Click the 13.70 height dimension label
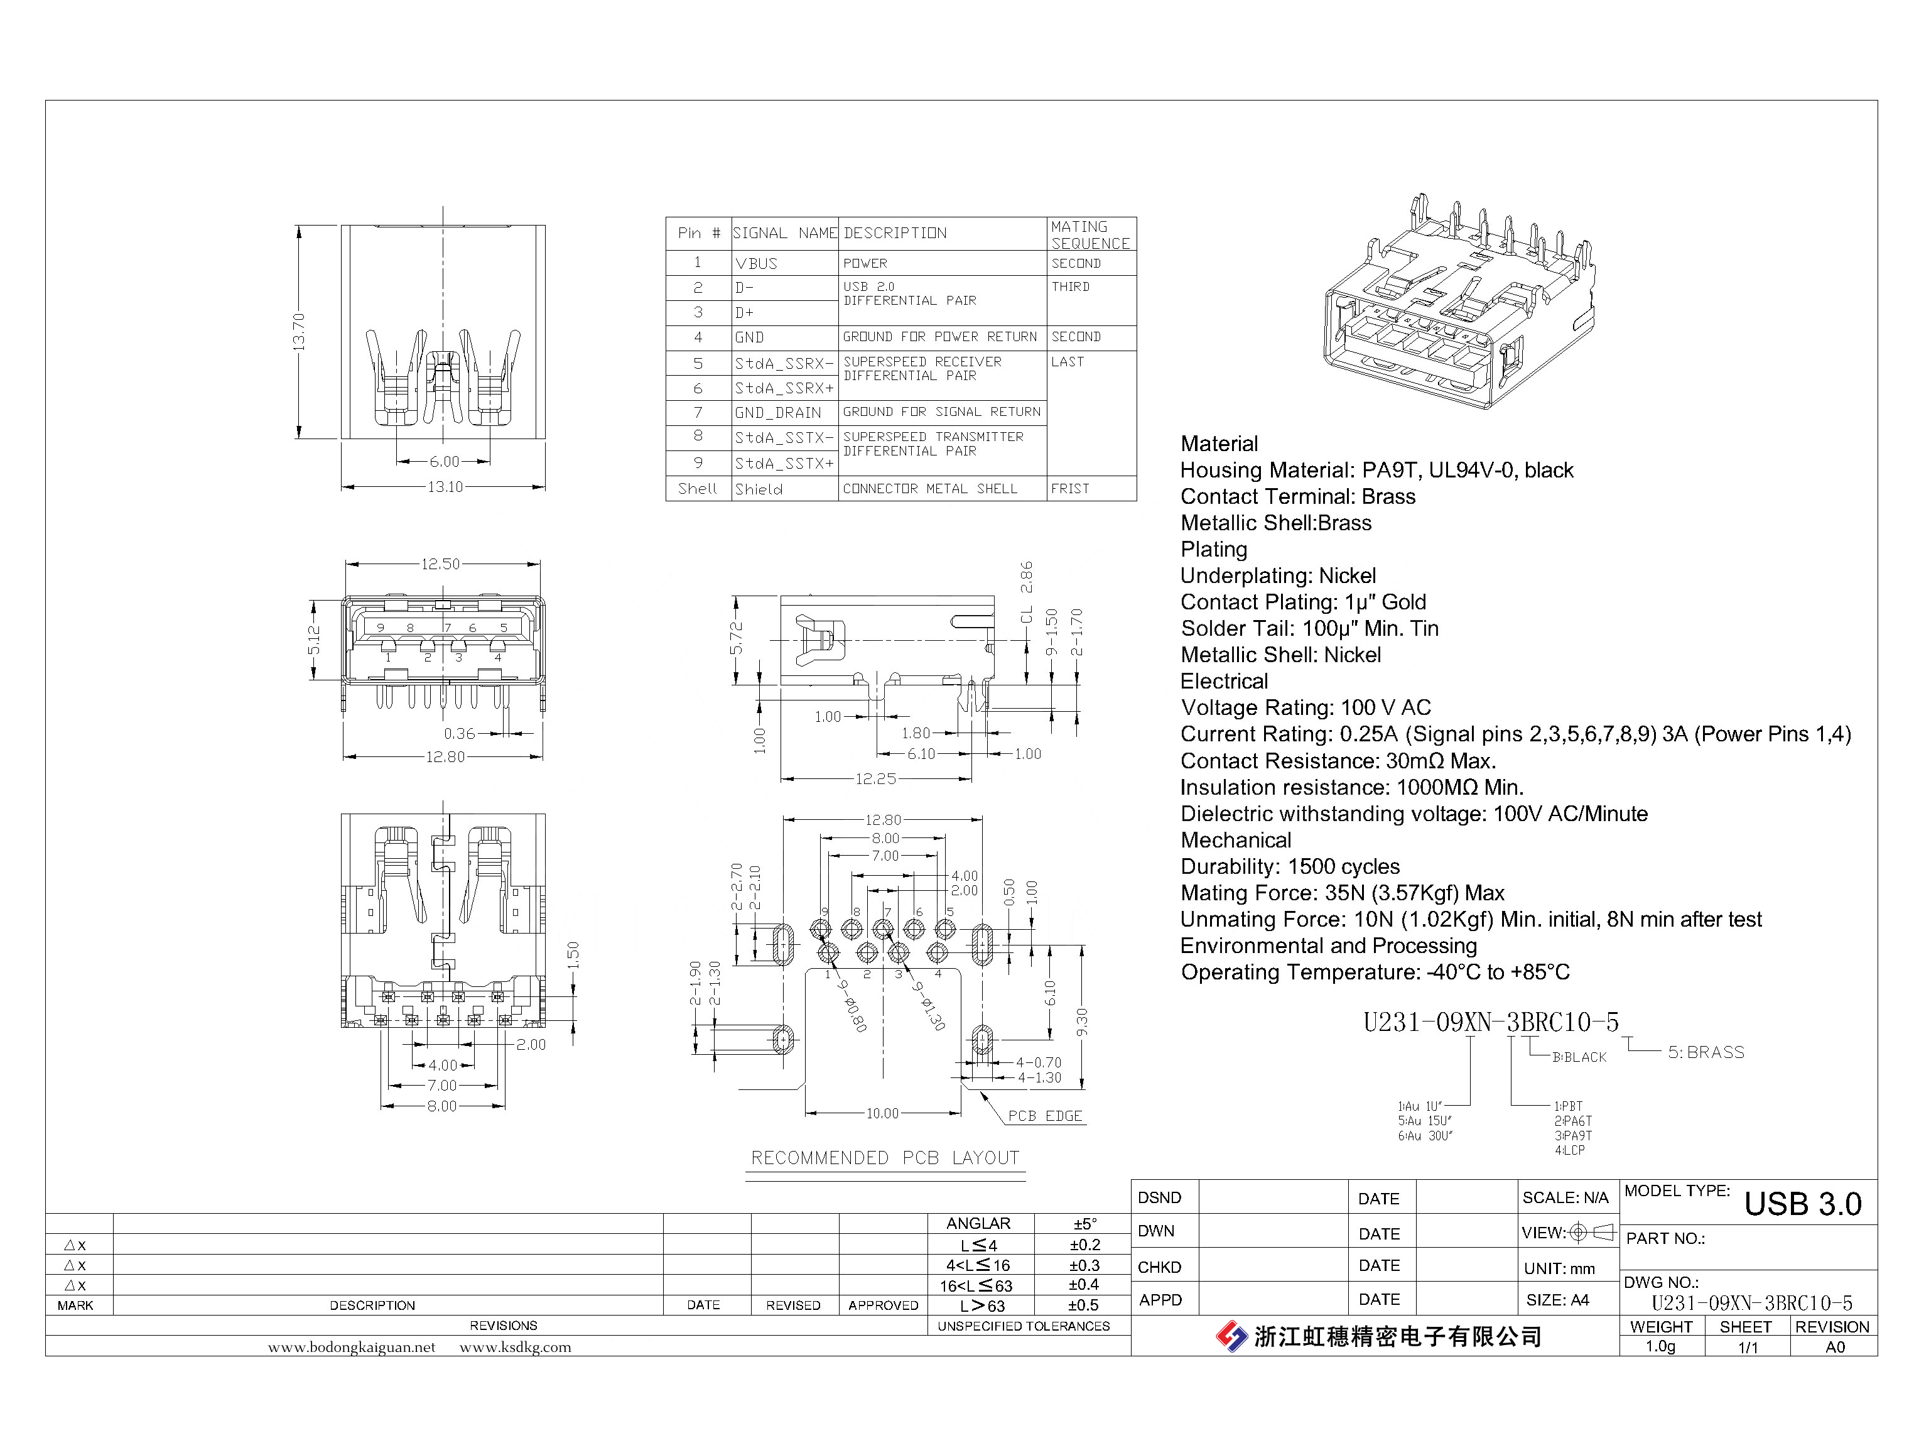[x=299, y=332]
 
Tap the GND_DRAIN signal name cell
[x=777, y=413]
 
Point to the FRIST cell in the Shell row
[x=1070, y=489]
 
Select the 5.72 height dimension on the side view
[x=736, y=638]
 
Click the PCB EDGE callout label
[x=1045, y=1116]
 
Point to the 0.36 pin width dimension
[x=460, y=734]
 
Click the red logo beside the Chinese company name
[x=1231, y=1336]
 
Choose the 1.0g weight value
[x=1660, y=1347]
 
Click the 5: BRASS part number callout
[x=1706, y=1053]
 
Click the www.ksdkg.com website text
[x=515, y=1348]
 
